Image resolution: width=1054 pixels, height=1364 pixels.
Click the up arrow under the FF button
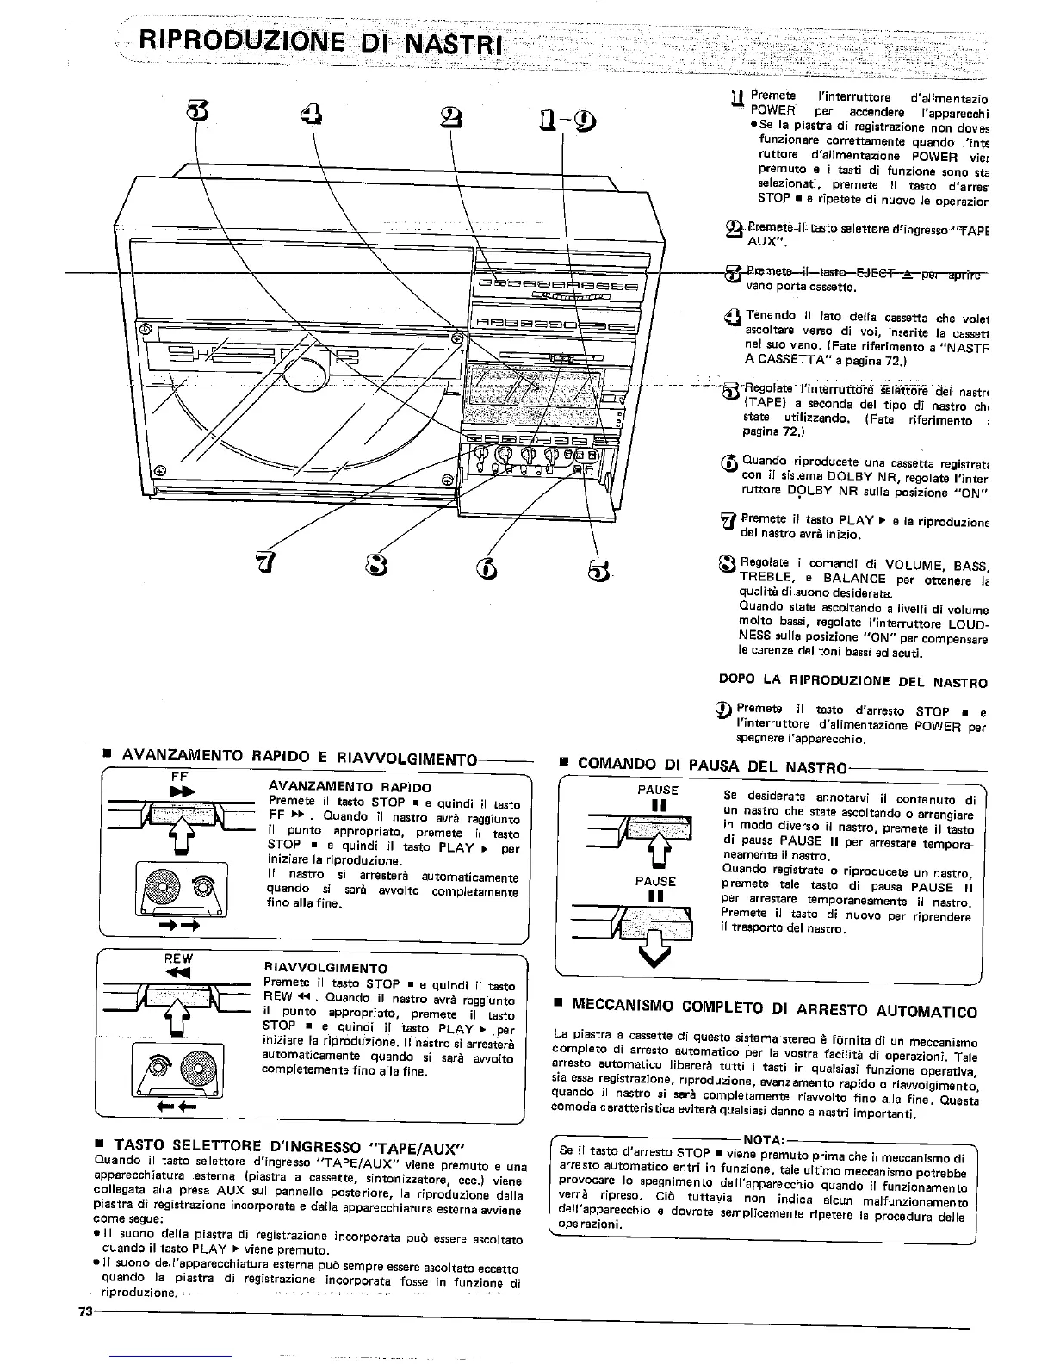point(180,833)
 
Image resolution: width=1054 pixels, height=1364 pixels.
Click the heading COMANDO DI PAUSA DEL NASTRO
point(713,765)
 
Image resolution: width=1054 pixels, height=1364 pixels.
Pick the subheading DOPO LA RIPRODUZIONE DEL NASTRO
point(852,682)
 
